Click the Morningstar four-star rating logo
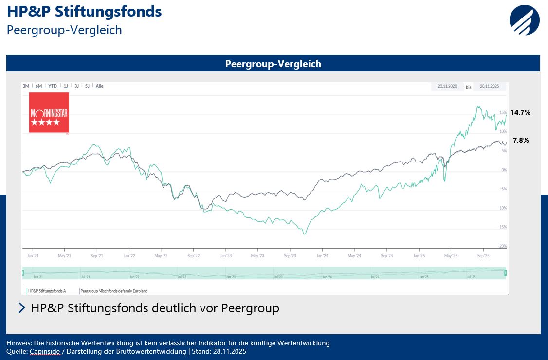click(49, 112)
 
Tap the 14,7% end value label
click(520, 112)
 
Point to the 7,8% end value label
click(521, 140)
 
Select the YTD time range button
click(53, 86)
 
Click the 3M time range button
click(26, 86)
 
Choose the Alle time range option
click(99, 86)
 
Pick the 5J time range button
click(88, 86)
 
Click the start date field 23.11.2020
click(447, 87)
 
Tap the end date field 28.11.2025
click(489, 87)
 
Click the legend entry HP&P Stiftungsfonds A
click(54, 291)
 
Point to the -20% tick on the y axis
click(502, 246)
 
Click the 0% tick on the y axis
click(504, 170)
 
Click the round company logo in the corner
click(525, 20)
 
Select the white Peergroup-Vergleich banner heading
click(273, 64)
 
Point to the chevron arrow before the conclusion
click(21, 308)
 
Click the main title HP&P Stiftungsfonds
click(84, 11)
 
